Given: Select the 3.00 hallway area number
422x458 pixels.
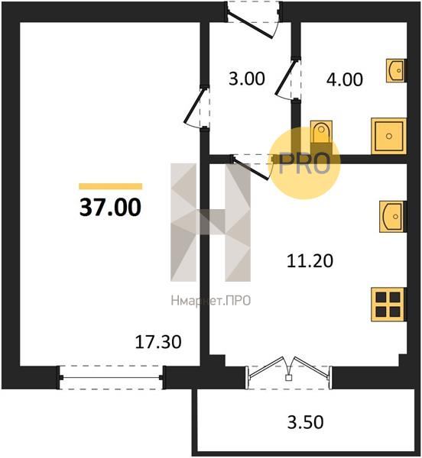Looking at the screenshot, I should click(x=247, y=78).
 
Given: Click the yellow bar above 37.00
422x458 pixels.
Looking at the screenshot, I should click(x=111, y=186).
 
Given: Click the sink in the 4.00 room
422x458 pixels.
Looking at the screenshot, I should click(x=396, y=70).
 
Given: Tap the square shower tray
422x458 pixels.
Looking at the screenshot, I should click(x=389, y=136).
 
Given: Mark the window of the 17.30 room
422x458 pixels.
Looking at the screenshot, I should click(x=112, y=377).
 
